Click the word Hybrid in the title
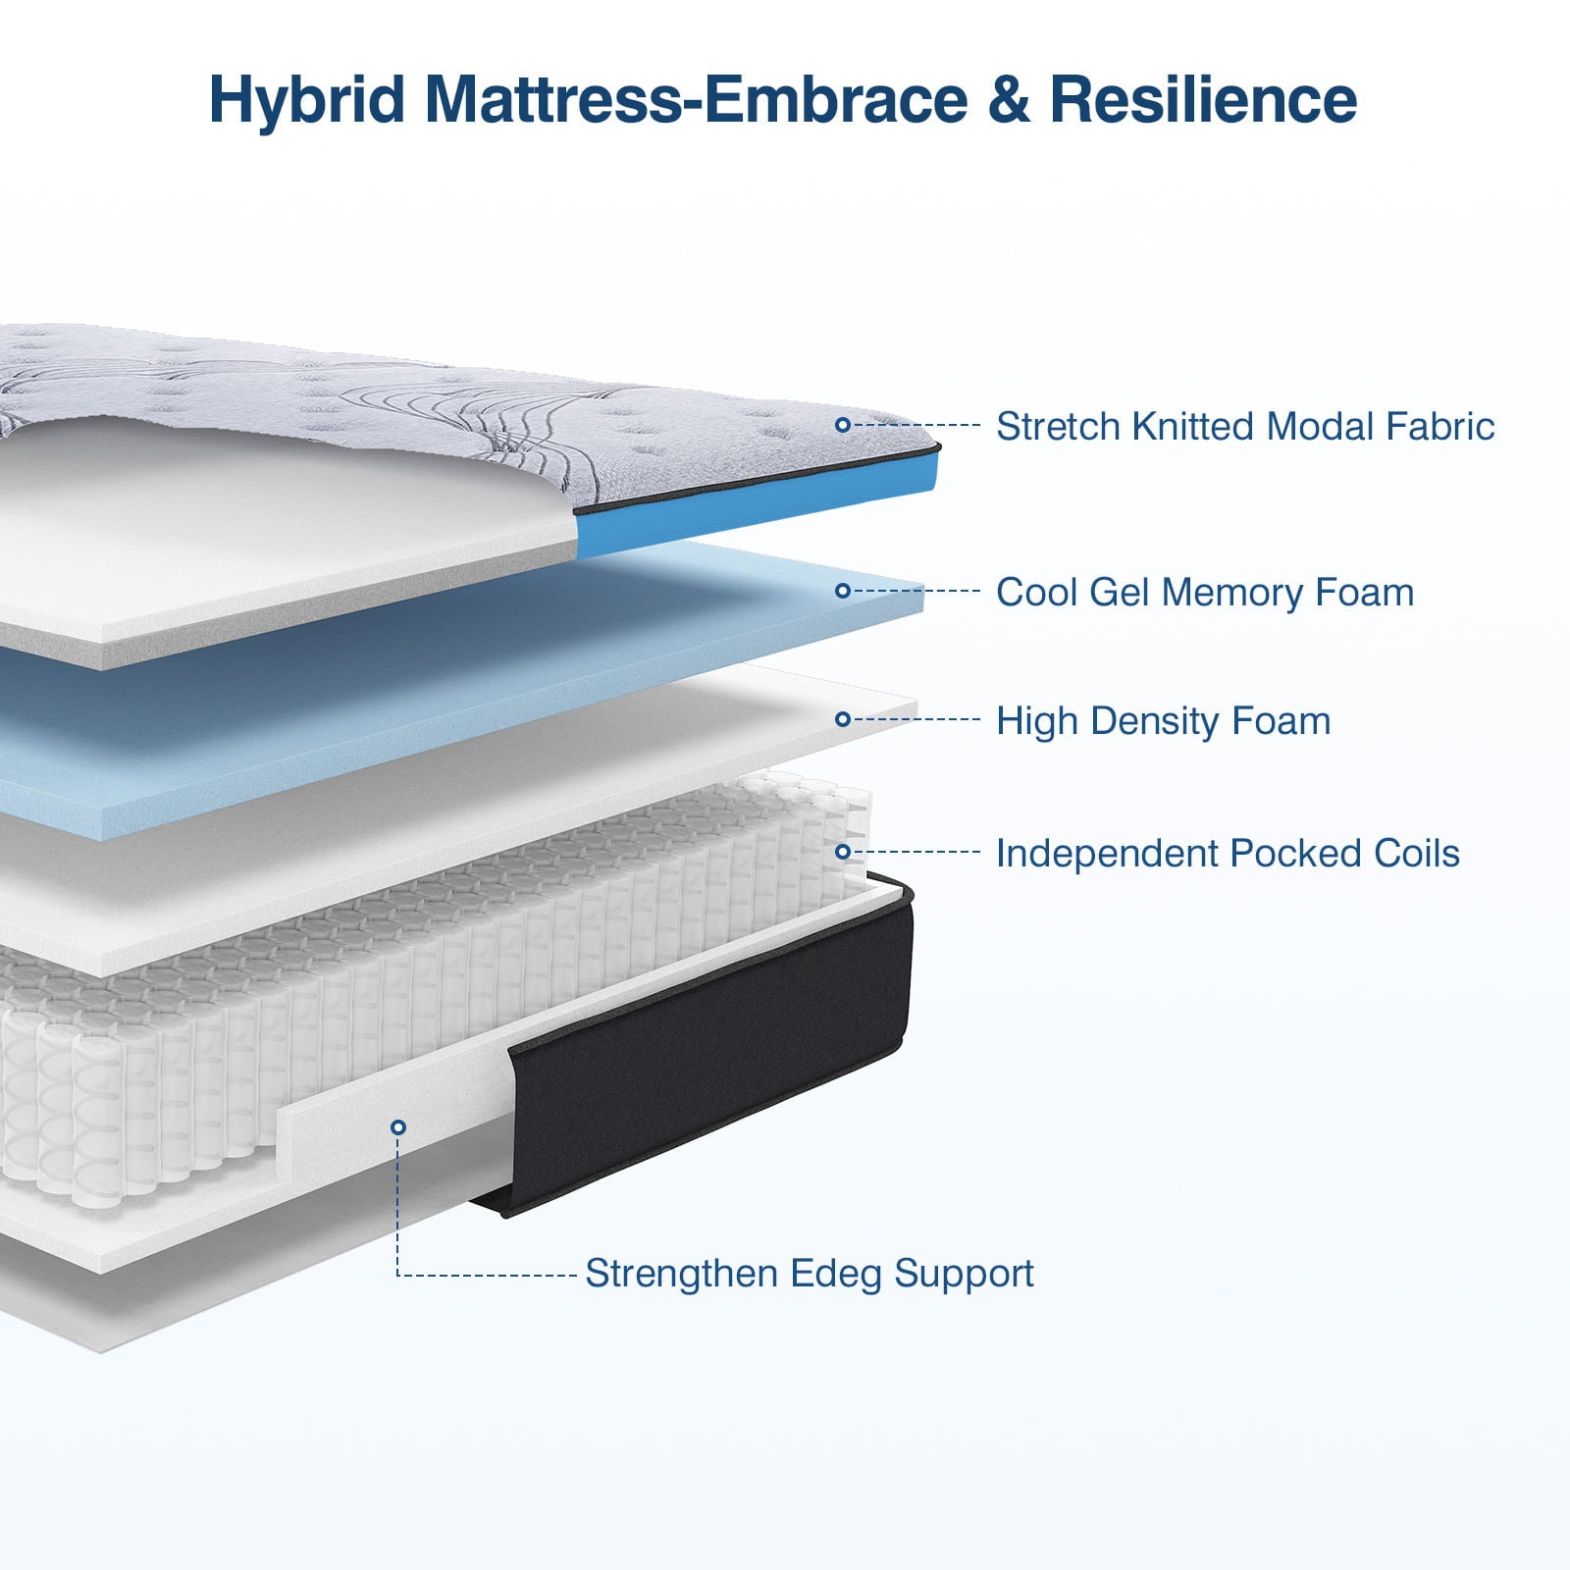307,100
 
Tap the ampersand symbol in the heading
1010,100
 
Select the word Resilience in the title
1203,100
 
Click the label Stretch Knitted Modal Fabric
1244,427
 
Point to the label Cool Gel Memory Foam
1204,593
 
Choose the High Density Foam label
1163,721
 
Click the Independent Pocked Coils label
1227,854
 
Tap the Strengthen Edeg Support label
809,1274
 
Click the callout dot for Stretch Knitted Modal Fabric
842,425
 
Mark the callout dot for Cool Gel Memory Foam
842,591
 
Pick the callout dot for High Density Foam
842,719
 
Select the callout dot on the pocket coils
842,852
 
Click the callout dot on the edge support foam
397,1127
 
